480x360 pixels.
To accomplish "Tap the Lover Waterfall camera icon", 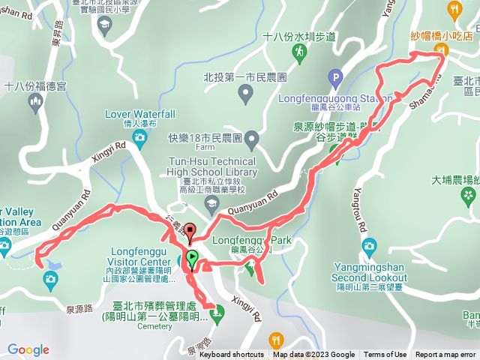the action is pos(139,137).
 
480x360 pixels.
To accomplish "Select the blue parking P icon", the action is pos(335,76).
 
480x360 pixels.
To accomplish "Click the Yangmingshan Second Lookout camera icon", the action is pos(368,245).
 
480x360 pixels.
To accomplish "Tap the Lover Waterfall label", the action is pos(140,113).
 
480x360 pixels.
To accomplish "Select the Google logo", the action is pos(28,349).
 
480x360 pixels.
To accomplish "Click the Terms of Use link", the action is pos(385,355).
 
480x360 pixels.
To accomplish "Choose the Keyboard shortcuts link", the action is pos(232,355).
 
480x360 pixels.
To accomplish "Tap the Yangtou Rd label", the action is pos(361,217).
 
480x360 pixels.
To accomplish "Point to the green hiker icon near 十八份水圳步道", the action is pos(298,51).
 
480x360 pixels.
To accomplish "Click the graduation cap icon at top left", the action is pos(103,24).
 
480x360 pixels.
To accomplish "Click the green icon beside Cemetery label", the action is pos(217,316).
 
